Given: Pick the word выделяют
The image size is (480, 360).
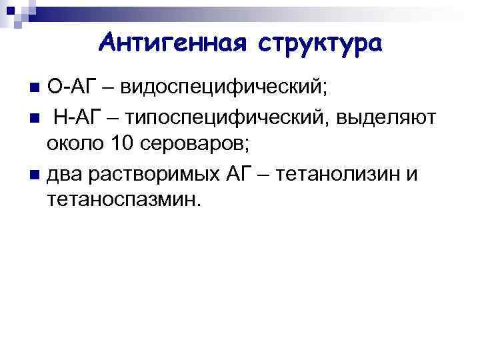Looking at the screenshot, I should pyautogui.click(x=387, y=117).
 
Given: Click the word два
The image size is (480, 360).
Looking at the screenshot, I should pyautogui.click(x=67, y=173).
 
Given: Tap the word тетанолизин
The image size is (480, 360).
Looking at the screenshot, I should pyautogui.click(x=339, y=173).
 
